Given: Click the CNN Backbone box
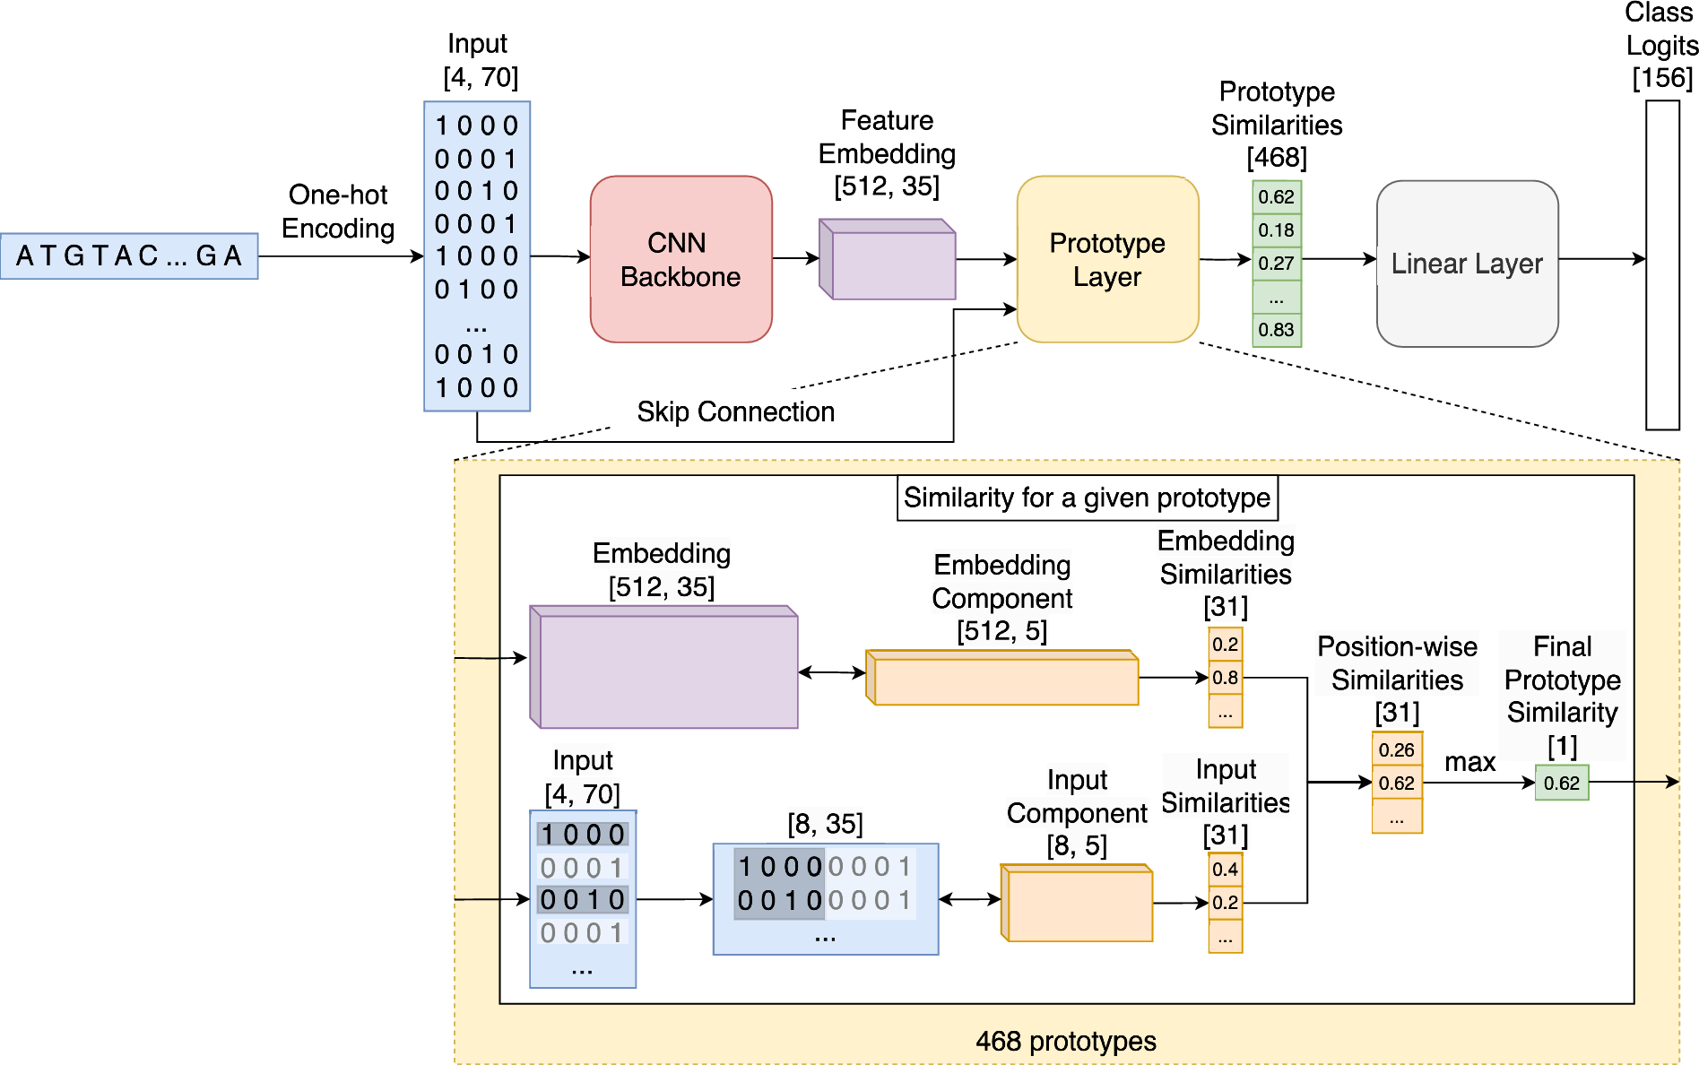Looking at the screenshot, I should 680,259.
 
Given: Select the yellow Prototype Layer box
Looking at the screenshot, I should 1107,259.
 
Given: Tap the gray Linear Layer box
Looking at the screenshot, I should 1467,264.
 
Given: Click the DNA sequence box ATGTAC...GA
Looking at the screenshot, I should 129,256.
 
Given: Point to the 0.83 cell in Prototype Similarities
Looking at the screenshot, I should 1276,330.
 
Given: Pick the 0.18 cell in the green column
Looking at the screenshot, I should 1276,230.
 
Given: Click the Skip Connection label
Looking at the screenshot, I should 735,411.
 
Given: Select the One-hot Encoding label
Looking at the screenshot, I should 338,212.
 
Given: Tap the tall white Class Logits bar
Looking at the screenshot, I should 1662,264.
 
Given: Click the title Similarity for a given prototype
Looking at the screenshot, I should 1087,498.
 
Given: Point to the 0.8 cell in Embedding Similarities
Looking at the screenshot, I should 1225,678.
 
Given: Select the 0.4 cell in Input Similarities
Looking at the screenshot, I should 1225,869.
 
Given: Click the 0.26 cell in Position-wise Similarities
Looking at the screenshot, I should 1396,749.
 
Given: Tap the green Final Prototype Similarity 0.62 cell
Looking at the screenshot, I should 1561,783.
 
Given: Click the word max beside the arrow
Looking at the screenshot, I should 1469,762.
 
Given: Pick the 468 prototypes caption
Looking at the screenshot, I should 1065,1041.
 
